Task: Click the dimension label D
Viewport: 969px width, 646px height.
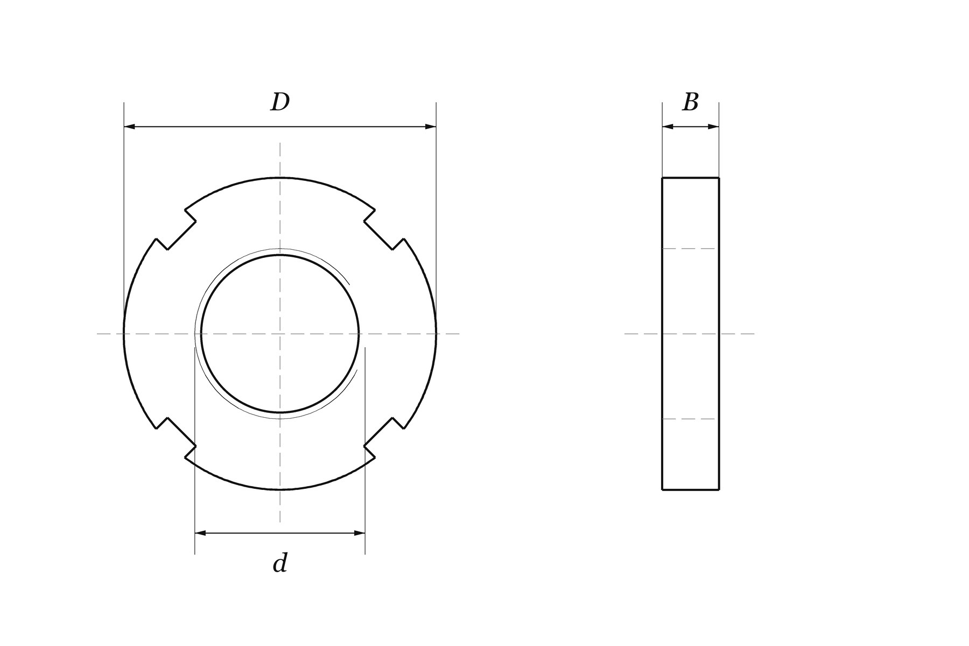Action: [280, 102]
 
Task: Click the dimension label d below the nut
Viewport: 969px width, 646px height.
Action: [280, 563]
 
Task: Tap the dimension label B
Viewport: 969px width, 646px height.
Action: [691, 102]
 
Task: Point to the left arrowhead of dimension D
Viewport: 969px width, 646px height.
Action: [130, 127]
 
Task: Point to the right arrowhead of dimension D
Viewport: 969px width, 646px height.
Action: [430, 127]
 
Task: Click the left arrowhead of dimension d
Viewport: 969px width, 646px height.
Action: [201, 533]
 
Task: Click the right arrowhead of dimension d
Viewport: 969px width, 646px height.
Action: [359, 533]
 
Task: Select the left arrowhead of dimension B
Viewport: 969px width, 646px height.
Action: [668, 127]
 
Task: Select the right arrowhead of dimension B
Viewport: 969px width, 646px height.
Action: [713, 127]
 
